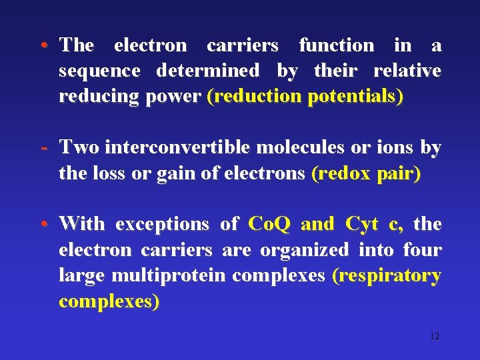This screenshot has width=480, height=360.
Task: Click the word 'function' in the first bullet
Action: tap(337, 45)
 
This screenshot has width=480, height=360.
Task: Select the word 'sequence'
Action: tap(99, 71)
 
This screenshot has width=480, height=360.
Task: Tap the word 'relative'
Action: tap(407, 71)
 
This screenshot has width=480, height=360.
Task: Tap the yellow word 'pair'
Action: tap(399, 173)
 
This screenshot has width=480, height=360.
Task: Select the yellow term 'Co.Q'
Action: tap(269, 225)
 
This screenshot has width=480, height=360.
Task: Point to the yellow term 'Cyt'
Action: tap(362, 225)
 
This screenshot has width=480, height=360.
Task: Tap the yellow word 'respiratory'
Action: tap(388, 275)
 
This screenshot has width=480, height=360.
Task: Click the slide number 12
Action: tap(434, 336)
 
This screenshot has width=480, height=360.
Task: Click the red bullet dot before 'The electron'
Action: tap(43, 45)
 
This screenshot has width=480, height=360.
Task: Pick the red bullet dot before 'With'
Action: tap(43, 225)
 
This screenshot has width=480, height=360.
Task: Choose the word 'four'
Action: tap(422, 250)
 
